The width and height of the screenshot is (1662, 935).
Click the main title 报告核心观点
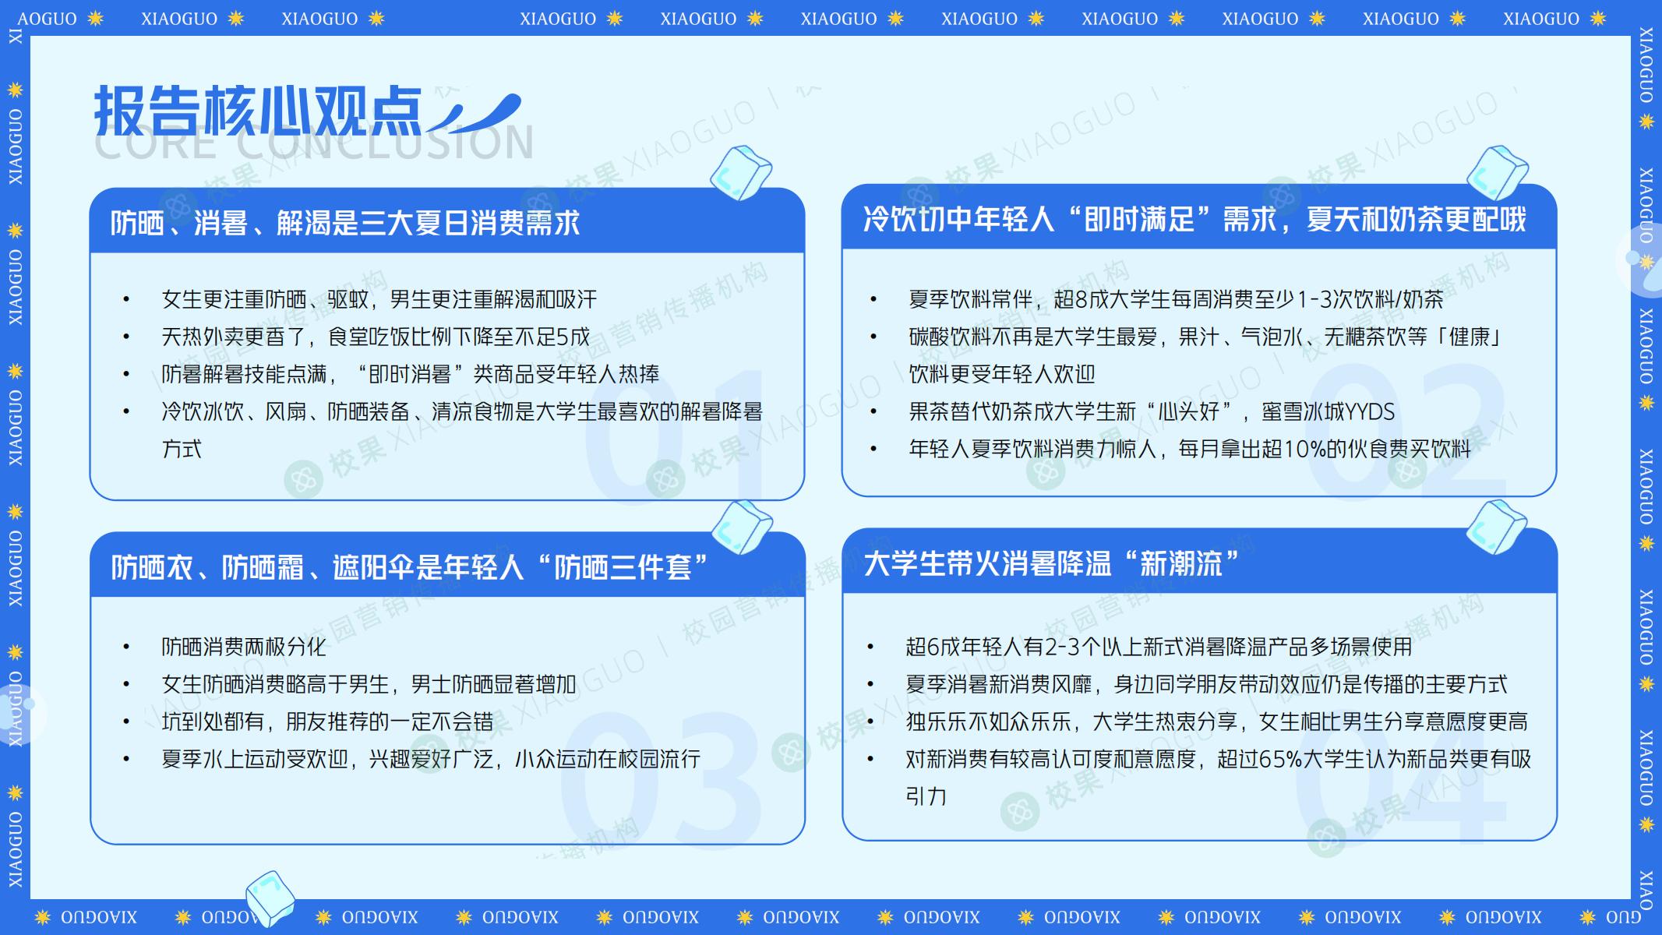click(x=258, y=111)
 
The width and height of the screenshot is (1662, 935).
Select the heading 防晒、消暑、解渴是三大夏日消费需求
click(x=345, y=224)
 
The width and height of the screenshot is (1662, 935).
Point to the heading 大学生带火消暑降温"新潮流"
click(x=1051, y=563)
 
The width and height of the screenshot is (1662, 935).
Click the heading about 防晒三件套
click(x=409, y=567)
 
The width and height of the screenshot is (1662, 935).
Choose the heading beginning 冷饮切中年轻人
click(x=1194, y=220)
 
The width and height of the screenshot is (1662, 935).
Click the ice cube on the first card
click(x=741, y=172)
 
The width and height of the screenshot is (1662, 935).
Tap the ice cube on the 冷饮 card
click(x=1497, y=171)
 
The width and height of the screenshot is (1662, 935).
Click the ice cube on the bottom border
click(x=270, y=898)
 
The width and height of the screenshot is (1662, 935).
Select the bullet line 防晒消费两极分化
click(x=244, y=647)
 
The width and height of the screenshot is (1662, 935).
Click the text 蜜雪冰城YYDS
click(x=1329, y=411)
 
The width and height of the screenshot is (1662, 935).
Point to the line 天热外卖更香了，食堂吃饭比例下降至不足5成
click(x=376, y=337)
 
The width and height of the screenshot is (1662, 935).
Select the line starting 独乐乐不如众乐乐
click(x=1216, y=722)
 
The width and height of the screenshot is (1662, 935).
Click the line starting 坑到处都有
click(x=327, y=722)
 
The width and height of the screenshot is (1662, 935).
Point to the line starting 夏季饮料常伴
click(x=1176, y=299)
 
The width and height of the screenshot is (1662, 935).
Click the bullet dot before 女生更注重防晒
click(x=126, y=300)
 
